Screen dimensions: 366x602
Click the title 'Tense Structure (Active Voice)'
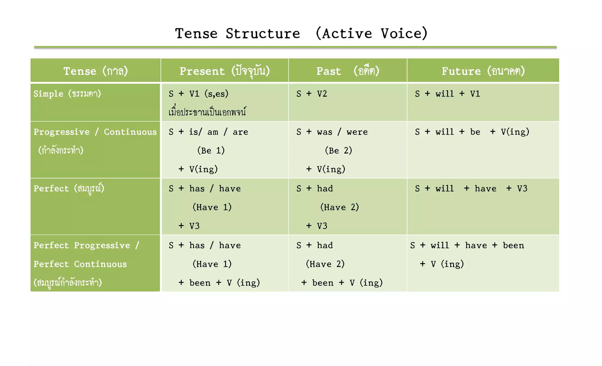click(301, 33)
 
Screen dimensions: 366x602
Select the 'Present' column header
click(225, 71)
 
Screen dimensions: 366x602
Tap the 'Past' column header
click(347, 71)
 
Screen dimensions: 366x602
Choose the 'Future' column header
click(483, 71)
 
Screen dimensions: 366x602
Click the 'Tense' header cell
click(96, 71)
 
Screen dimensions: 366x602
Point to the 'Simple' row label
click(67, 94)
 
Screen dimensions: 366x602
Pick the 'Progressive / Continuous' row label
click(95, 132)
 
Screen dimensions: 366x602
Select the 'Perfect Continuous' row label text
click(80, 264)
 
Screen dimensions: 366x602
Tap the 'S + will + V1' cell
click(447, 94)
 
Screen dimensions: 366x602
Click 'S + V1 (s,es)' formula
click(198, 94)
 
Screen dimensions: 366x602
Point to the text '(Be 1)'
click(211, 150)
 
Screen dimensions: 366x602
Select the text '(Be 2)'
click(338, 150)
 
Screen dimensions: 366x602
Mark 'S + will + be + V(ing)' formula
click(472, 132)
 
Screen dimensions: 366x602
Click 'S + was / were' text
click(332, 132)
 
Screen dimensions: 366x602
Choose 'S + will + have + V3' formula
click(471, 188)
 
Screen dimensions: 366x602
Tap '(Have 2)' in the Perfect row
click(340, 207)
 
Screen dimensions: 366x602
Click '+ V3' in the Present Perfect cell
click(189, 226)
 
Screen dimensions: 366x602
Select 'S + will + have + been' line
click(467, 245)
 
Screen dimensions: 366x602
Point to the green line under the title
click(295, 47)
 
